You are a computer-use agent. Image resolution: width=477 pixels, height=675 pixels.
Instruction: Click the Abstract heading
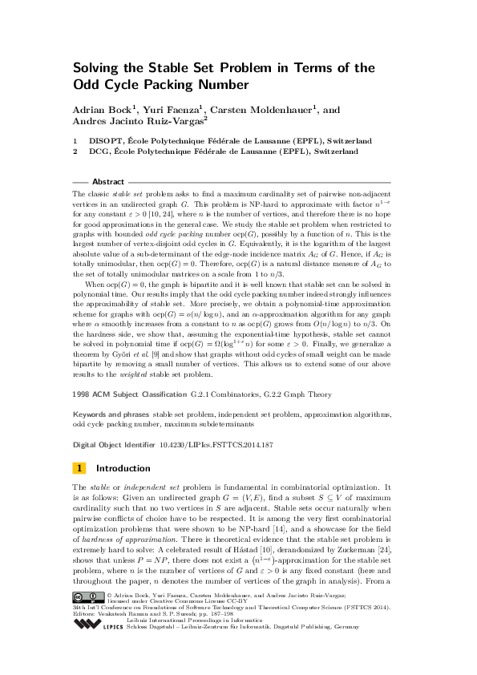[108, 182]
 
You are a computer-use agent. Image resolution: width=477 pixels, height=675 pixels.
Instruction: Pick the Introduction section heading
[123, 468]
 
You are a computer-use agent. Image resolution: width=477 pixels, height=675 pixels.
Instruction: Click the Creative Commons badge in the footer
[87, 596]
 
